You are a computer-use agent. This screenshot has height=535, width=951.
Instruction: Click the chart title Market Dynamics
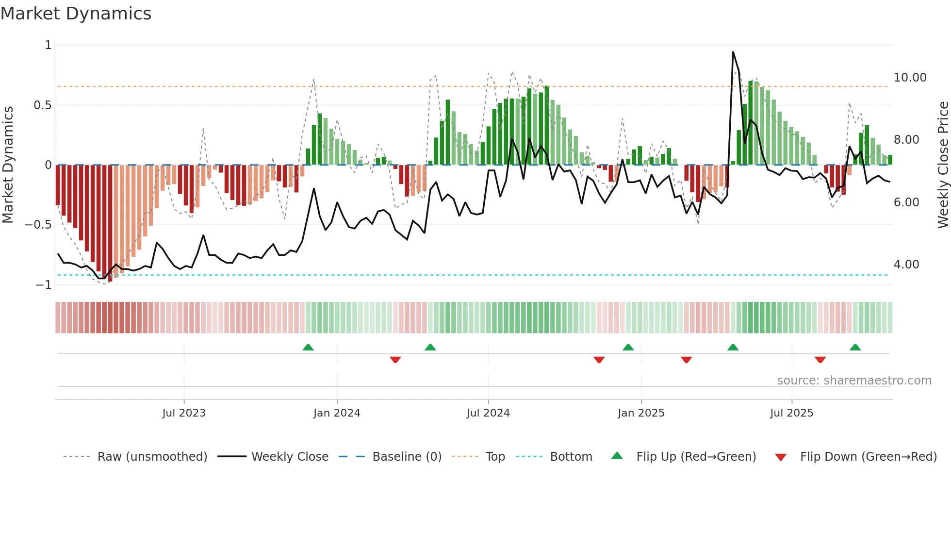coord(76,14)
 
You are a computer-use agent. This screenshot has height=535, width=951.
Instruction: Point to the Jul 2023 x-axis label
coord(184,413)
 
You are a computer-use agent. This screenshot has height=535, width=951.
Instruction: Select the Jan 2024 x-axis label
coord(337,413)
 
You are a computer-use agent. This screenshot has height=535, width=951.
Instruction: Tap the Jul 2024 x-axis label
coord(488,413)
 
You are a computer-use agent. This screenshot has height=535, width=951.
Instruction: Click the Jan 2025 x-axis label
coord(641,413)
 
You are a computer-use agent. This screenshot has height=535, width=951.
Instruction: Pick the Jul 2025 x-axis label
coord(791,413)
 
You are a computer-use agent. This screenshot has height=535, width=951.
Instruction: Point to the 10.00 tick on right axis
coord(910,78)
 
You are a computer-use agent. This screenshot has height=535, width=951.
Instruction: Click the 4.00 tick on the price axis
coord(906,265)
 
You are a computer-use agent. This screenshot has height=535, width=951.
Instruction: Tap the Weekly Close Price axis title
coord(943,165)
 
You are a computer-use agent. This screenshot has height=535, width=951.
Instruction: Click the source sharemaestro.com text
coord(854,381)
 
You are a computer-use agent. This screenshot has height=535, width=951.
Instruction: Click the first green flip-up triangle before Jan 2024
coord(308,347)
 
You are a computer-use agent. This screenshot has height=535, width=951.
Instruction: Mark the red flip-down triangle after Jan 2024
coord(395,360)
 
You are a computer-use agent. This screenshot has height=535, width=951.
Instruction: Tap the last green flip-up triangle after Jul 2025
coord(855,347)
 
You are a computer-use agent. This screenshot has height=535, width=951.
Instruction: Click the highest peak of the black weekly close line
coord(733,52)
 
